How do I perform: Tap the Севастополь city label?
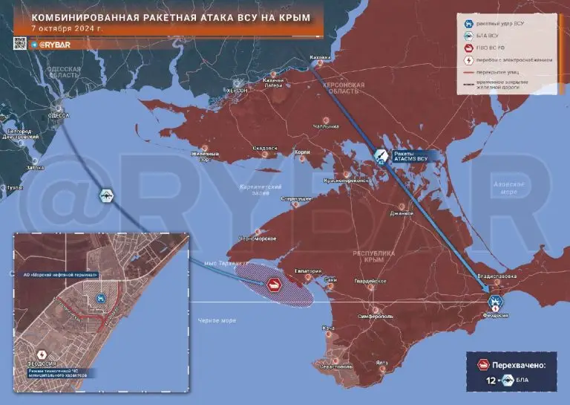pyautogui.click(x=333, y=366)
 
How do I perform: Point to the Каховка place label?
pyautogui.click(x=319, y=55)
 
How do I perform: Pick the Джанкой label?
pyautogui.click(x=401, y=213)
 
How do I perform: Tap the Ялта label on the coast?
pyautogui.click(x=381, y=362)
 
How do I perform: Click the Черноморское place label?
pyautogui.click(x=255, y=239)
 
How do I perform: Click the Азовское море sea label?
pyautogui.click(x=508, y=187)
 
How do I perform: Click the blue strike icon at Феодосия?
pyautogui.click(x=496, y=301)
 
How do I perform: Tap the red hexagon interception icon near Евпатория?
pyautogui.click(x=272, y=285)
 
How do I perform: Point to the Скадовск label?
pyautogui.click(x=265, y=148)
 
